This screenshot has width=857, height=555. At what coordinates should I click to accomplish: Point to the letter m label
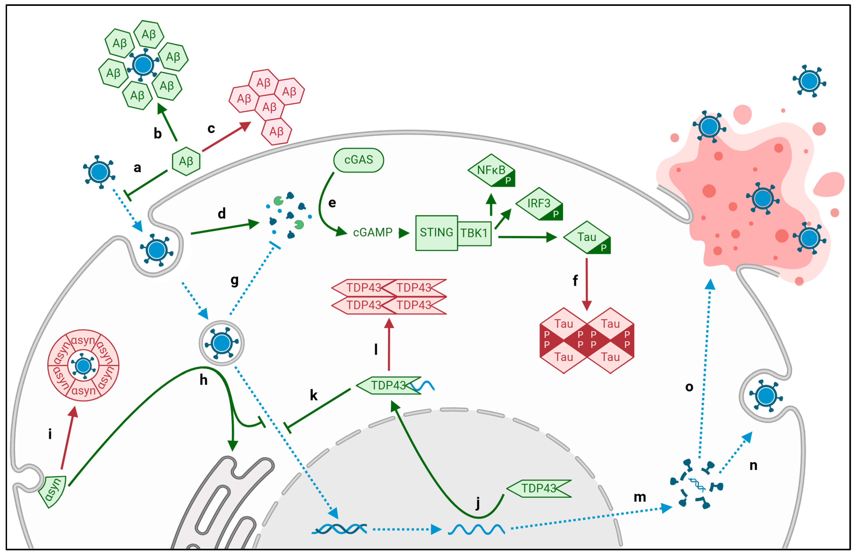click(x=640, y=497)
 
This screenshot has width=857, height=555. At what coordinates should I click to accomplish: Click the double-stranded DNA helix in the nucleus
click(x=339, y=529)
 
